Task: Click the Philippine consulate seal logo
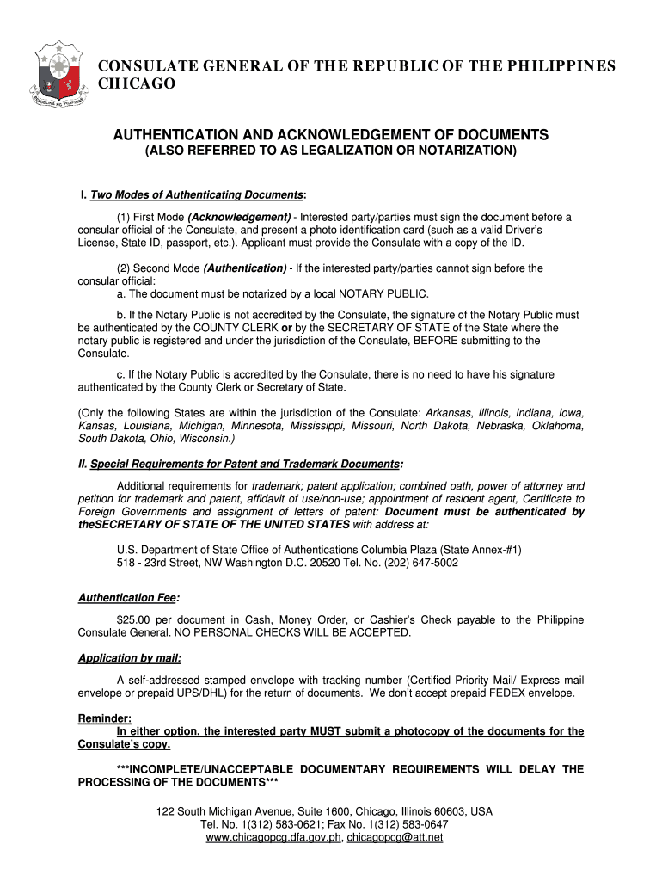click(x=61, y=77)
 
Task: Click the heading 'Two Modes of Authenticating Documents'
click(x=197, y=195)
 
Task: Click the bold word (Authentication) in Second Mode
click(x=245, y=268)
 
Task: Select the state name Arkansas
click(x=449, y=413)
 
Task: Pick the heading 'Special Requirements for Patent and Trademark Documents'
click(x=245, y=465)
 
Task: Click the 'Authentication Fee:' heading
click(x=129, y=598)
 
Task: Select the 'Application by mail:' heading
click(x=129, y=658)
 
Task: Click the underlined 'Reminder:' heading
click(x=105, y=718)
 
